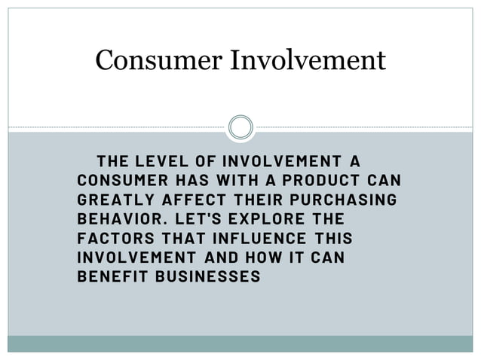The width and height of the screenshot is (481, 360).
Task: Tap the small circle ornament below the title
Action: (x=240, y=127)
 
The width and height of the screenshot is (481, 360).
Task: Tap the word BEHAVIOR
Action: (x=120, y=219)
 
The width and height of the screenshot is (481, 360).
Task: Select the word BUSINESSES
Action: (x=207, y=277)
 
